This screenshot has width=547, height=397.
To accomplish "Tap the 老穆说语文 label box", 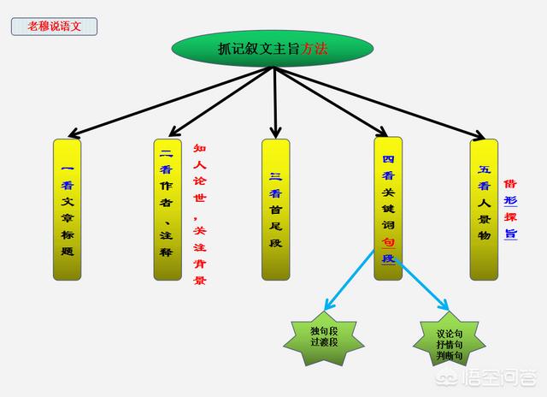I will (54, 26).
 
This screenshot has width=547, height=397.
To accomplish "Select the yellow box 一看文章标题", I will (68, 210).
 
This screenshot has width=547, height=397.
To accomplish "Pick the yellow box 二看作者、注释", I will (168, 210).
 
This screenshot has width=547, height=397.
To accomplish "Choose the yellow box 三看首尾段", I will (275, 210).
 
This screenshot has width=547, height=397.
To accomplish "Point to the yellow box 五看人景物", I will (485, 210).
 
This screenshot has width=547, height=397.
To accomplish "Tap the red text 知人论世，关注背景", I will (199, 214).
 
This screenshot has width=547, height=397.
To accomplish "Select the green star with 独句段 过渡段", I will (324, 336).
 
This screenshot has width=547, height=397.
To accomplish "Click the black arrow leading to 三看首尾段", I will (275, 103).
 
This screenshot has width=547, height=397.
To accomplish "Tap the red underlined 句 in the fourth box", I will (388, 241).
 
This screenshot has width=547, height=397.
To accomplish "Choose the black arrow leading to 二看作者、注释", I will (221, 102).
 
